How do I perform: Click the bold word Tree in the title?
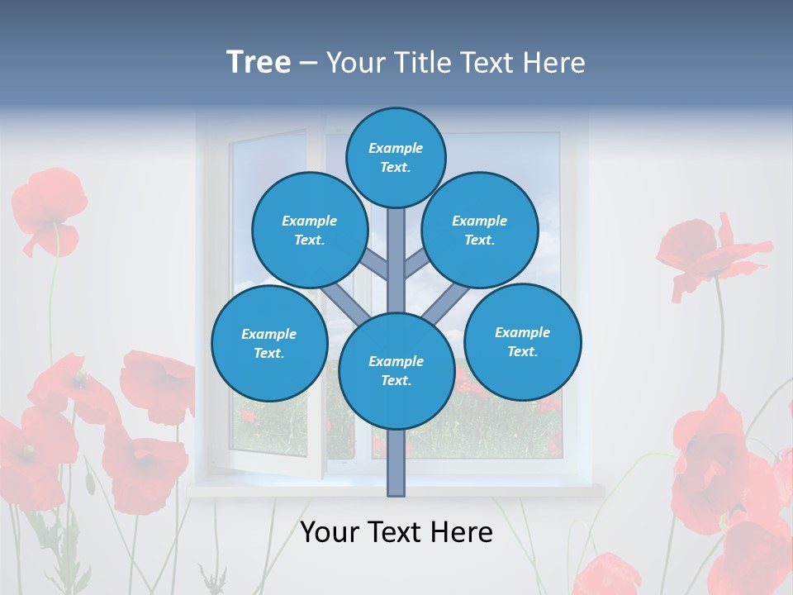pos(259,63)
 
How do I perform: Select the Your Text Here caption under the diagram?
pos(396,532)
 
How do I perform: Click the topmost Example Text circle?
pos(396,157)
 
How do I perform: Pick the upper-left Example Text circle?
pos(310,230)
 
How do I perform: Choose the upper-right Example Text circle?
pos(480,230)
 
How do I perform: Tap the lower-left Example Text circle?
pos(269,343)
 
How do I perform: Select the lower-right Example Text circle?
pos(523,341)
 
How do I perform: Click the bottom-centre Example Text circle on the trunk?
pos(396,371)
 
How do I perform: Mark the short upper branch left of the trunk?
pos(376,265)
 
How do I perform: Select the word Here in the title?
pos(554,63)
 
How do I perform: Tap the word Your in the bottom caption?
pos(329,532)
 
